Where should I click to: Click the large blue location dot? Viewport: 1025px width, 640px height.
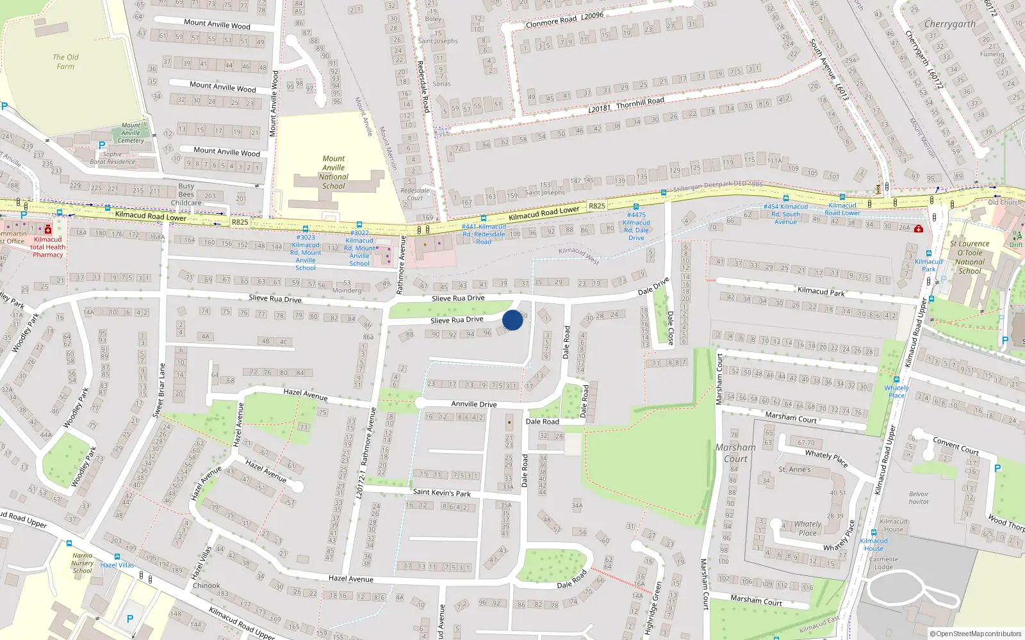512,320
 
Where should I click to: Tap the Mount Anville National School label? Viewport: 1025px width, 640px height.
333,172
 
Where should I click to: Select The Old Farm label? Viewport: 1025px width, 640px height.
65,61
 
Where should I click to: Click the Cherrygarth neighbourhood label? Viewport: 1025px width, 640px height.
949,24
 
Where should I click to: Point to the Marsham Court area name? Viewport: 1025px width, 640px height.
735,453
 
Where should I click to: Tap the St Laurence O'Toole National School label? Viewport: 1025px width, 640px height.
969,257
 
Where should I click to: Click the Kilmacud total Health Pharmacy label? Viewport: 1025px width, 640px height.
47,247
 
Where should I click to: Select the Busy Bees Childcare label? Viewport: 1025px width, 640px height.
186,195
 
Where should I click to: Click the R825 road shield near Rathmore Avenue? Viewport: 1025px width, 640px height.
240,222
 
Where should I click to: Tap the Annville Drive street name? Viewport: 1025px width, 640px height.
473,404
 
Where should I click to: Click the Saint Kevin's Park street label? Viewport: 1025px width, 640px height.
441,492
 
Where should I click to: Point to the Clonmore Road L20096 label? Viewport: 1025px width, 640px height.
564,19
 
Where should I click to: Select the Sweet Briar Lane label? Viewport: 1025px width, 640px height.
158,391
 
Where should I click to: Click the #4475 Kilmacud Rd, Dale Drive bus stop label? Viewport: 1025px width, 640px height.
636,227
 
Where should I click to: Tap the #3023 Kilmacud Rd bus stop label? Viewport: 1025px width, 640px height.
306,252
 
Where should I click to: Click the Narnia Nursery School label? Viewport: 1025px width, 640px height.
82,563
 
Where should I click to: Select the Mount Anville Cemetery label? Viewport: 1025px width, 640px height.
131,133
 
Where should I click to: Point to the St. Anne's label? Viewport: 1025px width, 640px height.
794,469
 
